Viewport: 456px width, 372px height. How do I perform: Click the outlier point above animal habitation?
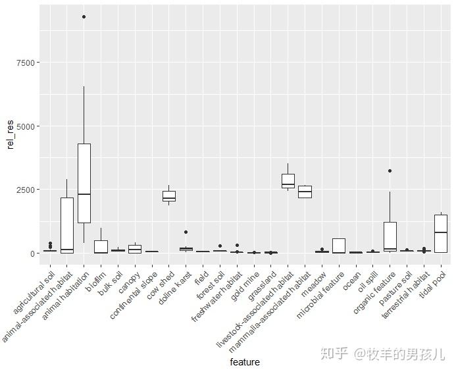pyautogui.click(x=84, y=17)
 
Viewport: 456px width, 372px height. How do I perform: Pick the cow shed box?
pyautogui.click(x=169, y=196)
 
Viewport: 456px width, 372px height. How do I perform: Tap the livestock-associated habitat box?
pyautogui.click(x=288, y=181)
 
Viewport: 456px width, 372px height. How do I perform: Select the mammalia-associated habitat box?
pyautogui.click(x=305, y=192)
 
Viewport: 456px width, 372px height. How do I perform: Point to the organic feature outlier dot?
pyautogui.click(x=390, y=171)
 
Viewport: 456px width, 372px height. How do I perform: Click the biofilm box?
pyautogui.click(x=101, y=247)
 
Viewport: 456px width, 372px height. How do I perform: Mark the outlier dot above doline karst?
pyautogui.click(x=186, y=232)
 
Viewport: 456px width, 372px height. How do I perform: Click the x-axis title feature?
pyautogui.click(x=245, y=362)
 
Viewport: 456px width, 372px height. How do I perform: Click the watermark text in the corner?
pyautogui.click(x=382, y=354)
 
